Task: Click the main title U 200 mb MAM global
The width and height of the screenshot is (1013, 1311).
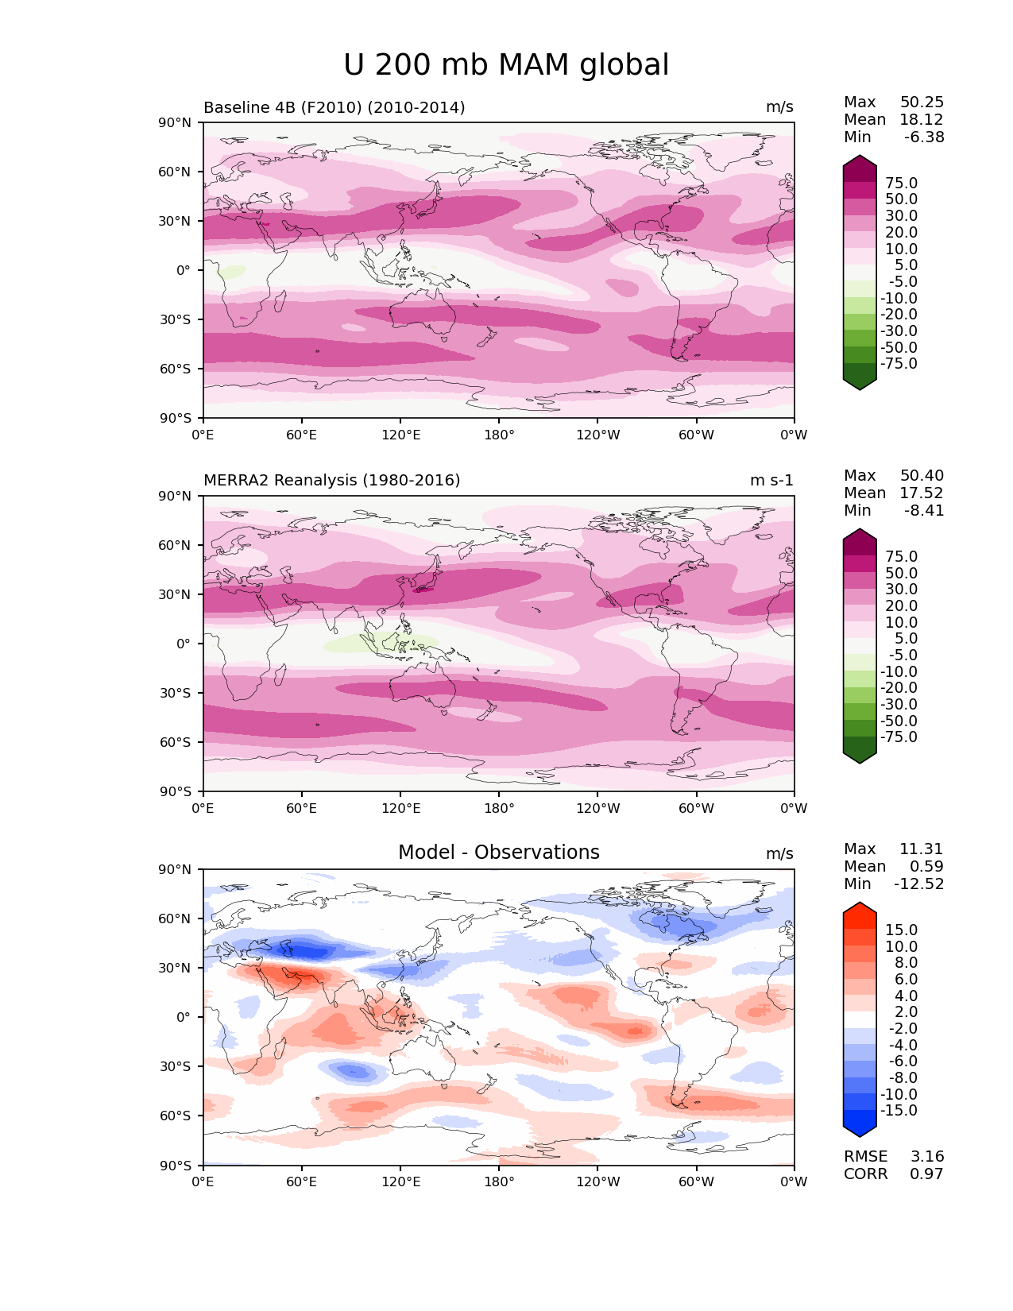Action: coord(506,65)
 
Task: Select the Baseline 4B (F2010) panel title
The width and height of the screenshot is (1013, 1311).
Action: coord(334,107)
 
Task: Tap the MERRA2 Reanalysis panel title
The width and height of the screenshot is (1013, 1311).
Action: coord(331,480)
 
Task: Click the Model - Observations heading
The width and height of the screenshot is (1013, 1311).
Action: coord(498,853)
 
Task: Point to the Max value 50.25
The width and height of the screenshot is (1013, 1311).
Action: coord(922,102)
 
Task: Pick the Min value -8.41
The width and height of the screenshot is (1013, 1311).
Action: coord(924,510)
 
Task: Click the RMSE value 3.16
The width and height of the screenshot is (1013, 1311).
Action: coord(926,1156)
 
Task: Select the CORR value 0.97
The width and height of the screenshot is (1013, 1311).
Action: coord(926,1174)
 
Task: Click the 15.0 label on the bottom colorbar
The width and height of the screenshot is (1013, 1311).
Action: coord(901,930)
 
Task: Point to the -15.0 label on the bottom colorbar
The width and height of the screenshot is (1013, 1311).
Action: coord(899,1110)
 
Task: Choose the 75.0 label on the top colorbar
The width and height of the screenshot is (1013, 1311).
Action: coord(901,183)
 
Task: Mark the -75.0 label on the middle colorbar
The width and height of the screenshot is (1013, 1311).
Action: coord(899,737)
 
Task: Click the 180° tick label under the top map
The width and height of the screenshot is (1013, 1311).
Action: coord(499,435)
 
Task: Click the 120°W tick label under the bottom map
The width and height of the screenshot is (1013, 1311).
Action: coord(597,1181)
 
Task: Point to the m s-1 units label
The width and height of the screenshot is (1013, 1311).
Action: coord(771,480)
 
